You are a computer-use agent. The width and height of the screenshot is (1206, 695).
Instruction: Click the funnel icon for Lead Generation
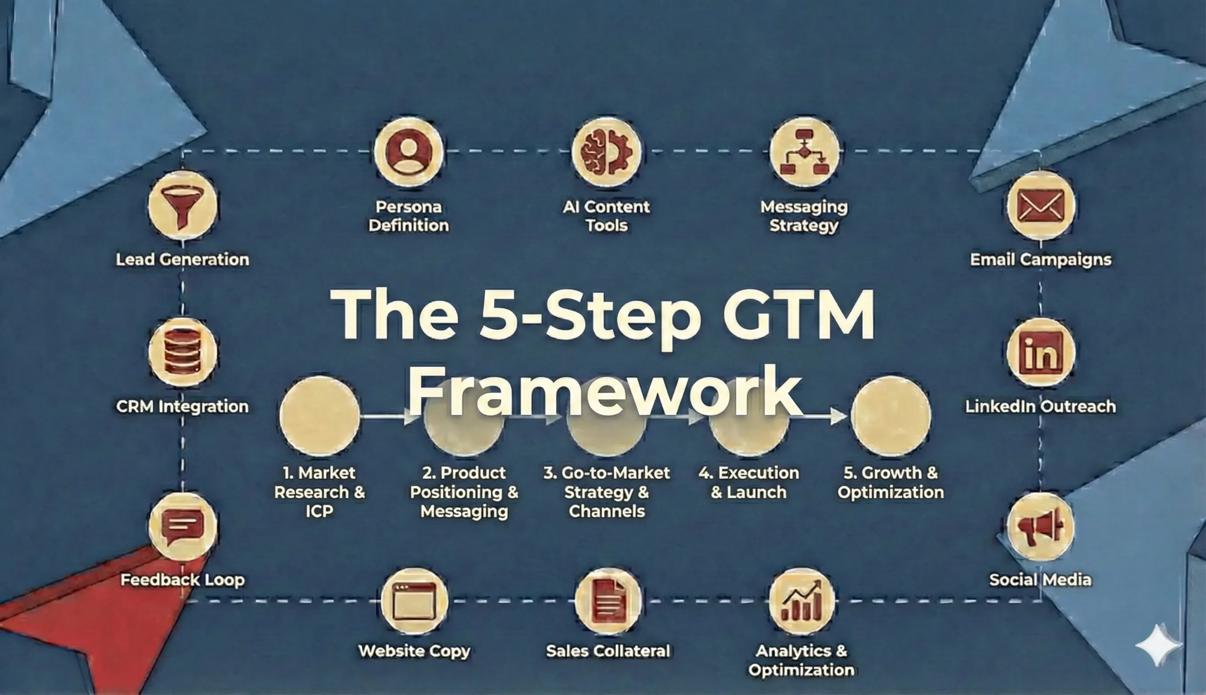pyautogui.click(x=182, y=205)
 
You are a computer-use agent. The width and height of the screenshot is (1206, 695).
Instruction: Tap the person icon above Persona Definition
pyautogui.click(x=409, y=152)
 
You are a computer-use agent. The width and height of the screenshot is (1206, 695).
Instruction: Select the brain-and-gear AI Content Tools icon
pyautogui.click(x=607, y=152)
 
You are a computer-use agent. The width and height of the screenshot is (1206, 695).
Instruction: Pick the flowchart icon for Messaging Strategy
pyautogui.click(x=804, y=152)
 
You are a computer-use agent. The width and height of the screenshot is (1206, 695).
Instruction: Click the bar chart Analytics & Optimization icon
pyautogui.click(x=802, y=601)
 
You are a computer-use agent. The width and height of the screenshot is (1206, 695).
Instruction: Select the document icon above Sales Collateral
pyautogui.click(x=608, y=601)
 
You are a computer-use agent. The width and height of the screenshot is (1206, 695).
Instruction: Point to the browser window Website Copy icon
pyautogui.click(x=415, y=601)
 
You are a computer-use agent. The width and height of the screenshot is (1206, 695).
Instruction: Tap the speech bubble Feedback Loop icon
pyautogui.click(x=182, y=527)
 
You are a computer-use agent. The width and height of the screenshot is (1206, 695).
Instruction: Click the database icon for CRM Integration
pyautogui.click(x=182, y=353)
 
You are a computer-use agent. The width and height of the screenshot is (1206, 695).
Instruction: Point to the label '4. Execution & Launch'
pyautogui.click(x=748, y=482)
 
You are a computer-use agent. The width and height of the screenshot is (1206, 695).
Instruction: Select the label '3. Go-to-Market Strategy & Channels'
pyautogui.click(x=607, y=492)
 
